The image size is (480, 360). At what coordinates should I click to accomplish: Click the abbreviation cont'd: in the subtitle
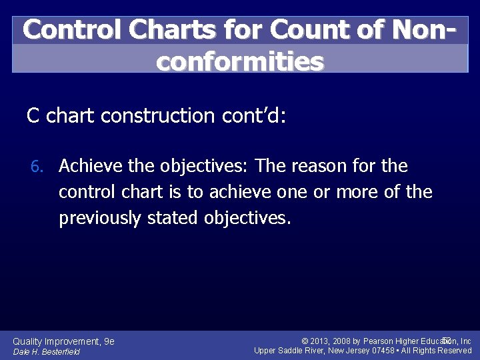click(253, 116)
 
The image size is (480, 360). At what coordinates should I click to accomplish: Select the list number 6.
click(41, 166)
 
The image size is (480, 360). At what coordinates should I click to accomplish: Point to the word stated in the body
click(170, 219)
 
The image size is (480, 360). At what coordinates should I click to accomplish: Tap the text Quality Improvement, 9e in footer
click(64, 341)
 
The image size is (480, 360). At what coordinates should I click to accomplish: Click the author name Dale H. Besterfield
click(47, 352)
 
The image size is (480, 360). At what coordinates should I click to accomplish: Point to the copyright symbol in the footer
click(305, 341)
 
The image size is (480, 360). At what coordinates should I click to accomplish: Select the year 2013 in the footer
click(320, 341)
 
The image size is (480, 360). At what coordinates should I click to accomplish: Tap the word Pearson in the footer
click(379, 341)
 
